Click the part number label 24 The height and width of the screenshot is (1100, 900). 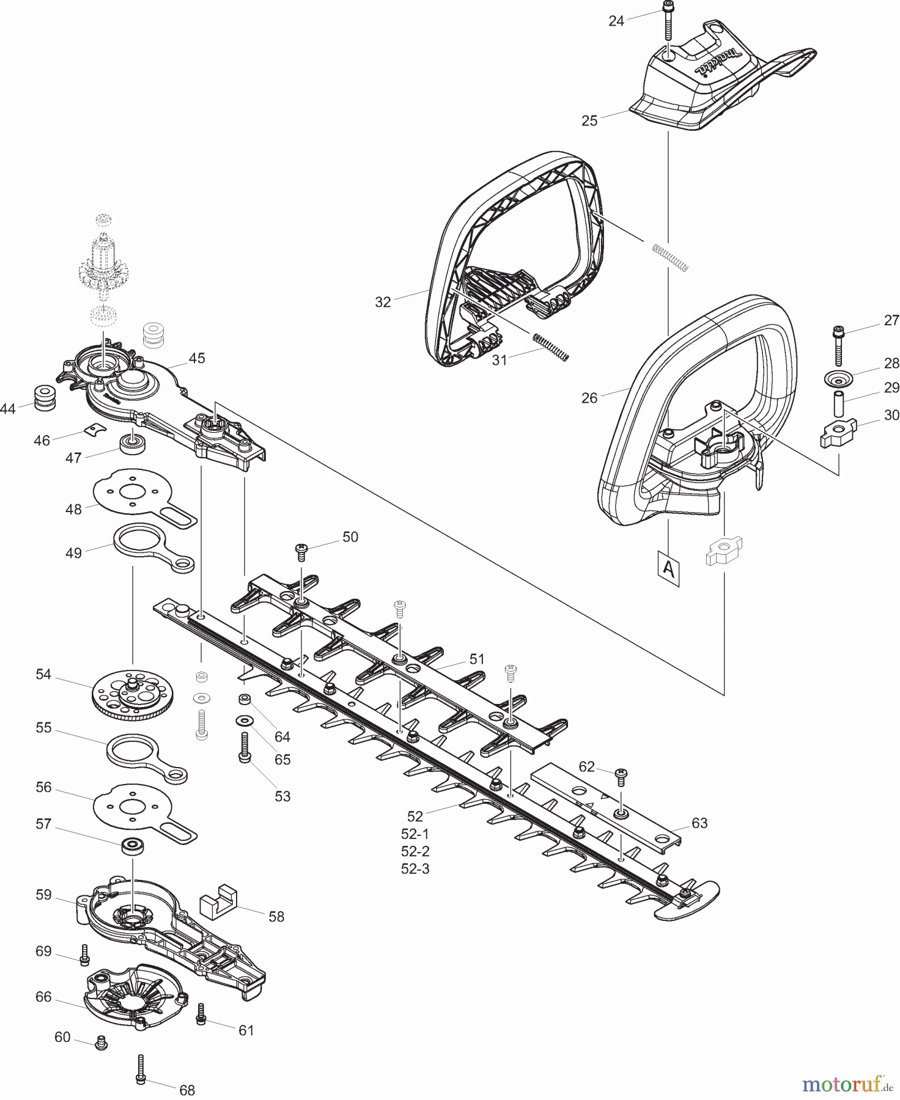(616, 21)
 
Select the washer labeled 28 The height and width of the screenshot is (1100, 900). (838, 378)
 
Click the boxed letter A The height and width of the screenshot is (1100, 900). (669, 570)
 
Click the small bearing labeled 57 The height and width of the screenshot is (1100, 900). (131, 846)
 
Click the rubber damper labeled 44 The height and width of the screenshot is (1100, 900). (43, 397)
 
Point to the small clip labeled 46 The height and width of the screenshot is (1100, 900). (94, 431)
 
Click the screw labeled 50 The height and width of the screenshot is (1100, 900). (301, 552)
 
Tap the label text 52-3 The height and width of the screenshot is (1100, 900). (415, 868)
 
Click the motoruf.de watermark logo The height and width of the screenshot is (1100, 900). (846, 1084)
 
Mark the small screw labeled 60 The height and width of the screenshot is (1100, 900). (102, 1042)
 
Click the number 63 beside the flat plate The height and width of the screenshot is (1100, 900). (699, 823)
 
